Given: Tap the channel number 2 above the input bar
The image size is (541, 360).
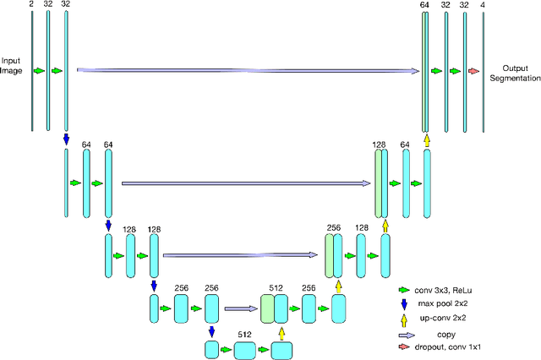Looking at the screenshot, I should tap(31, 4).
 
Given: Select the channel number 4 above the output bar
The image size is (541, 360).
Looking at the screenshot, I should tap(483, 4).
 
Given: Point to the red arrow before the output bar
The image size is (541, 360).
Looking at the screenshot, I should tap(473, 72).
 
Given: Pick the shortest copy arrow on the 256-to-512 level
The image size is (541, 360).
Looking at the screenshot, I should tap(241, 308).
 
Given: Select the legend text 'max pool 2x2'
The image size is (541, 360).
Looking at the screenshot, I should tap(445, 303).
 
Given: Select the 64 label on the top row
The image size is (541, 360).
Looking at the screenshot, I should tap(424, 4).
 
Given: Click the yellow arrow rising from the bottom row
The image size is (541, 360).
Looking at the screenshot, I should tap(281, 332).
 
